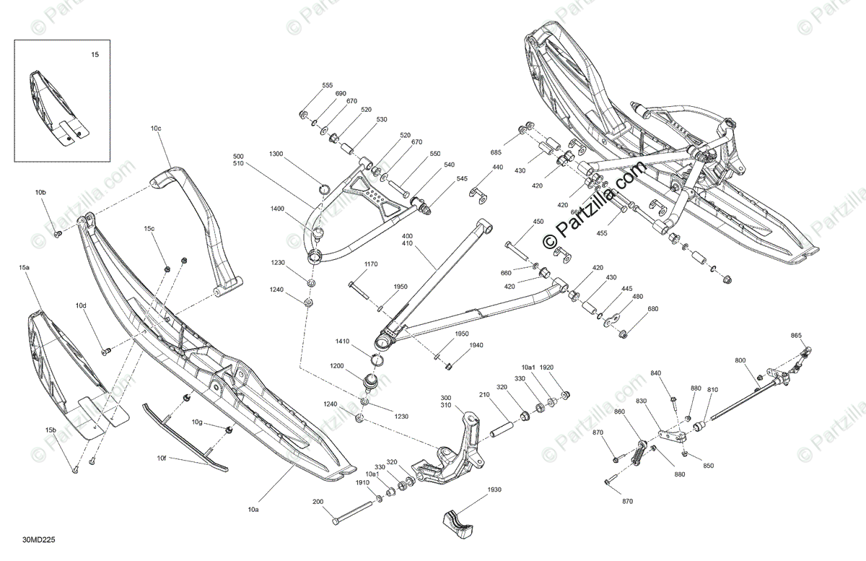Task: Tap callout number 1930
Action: click(x=494, y=490)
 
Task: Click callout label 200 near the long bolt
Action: click(x=318, y=501)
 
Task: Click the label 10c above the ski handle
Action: click(x=156, y=129)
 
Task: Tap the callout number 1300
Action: click(x=276, y=155)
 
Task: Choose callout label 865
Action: click(x=796, y=335)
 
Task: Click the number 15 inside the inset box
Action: click(x=95, y=55)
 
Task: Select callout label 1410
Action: click(x=342, y=341)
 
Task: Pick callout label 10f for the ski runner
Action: click(x=162, y=458)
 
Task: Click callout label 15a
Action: click(x=25, y=268)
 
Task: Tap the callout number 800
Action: click(x=740, y=360)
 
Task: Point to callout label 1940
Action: click(x=476, y=345)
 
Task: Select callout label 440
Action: click(x=497, y=167)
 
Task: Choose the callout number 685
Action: click(x=496, y=152)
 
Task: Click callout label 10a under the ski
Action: click(x=253, y=510)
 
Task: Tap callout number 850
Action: click(x=708, y=466)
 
